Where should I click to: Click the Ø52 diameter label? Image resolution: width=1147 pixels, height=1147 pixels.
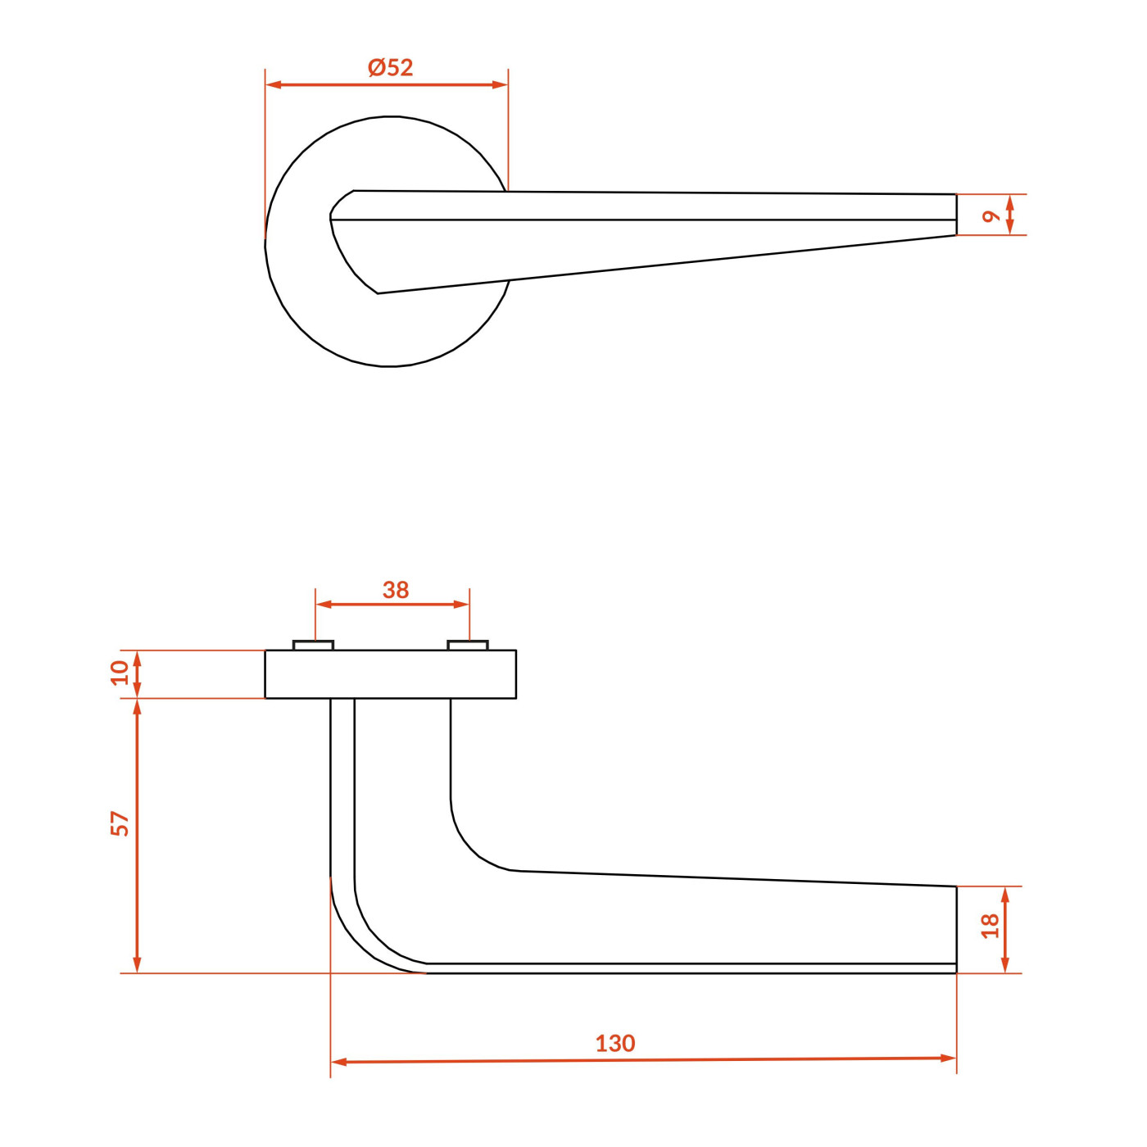(x=391, y=67)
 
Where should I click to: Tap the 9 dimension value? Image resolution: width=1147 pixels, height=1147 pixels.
(x=991, y=216)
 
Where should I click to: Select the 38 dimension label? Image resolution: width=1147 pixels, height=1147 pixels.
(x=396, y=590)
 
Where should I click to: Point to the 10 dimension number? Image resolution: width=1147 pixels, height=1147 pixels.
(x=120, y=673)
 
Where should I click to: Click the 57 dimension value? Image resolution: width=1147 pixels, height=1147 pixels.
(x=120, y=824)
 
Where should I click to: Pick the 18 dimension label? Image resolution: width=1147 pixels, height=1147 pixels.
(x=990, y=926)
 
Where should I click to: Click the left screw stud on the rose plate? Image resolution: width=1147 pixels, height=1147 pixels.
(x=314, y=646)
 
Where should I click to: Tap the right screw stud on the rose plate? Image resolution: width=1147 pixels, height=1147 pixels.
(x=468, y=646)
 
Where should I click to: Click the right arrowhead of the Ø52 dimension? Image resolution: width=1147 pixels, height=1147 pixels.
(x=500, y=85)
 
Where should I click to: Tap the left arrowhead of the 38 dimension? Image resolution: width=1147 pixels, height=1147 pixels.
(x=323, y=605)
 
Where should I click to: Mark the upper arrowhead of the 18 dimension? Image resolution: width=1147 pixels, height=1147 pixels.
(x=1005, y=895)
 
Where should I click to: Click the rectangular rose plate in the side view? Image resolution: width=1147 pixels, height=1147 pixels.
(x=391, y=674)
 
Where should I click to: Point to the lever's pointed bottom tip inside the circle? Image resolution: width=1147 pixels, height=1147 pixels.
(x=378, y=293)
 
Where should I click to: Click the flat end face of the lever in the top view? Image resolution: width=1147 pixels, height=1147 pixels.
(x=956, y=215)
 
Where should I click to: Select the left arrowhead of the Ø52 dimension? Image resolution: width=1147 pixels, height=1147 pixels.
(x=273, y=85)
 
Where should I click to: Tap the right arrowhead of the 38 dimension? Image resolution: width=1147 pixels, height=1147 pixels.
(x=462, y=605)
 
